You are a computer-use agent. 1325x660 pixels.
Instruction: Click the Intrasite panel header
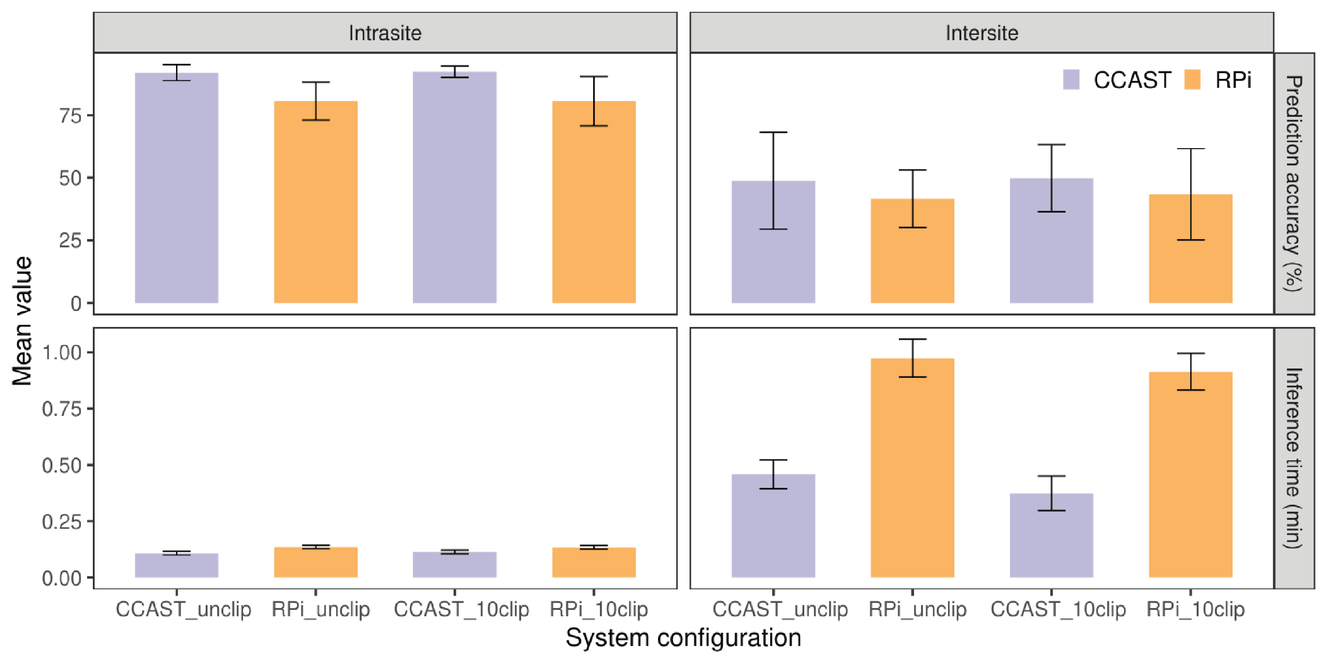pos(385,32)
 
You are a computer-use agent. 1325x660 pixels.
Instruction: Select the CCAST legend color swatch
pos(1071,80)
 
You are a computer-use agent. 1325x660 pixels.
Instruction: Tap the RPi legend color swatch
pos(1192,80)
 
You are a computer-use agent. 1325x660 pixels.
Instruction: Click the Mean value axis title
pos(22,320)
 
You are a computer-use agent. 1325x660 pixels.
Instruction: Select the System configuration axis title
pos(683,638)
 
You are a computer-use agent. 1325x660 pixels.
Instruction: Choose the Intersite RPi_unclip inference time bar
pos(912,467)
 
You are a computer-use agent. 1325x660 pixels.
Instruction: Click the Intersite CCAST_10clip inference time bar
pos(1051,535)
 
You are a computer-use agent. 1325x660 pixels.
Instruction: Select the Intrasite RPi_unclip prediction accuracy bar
pos(316,201)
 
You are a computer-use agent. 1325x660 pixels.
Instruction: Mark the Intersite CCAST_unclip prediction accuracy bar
pos(773,242)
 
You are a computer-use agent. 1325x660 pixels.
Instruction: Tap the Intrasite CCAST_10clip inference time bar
pos(455,564)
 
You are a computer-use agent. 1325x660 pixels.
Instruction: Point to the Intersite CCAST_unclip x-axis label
pos(780,609)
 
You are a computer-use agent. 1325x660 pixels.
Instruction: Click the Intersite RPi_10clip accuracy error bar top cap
pos(1191,149)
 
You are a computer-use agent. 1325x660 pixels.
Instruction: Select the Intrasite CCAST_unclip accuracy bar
pos(176,188)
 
